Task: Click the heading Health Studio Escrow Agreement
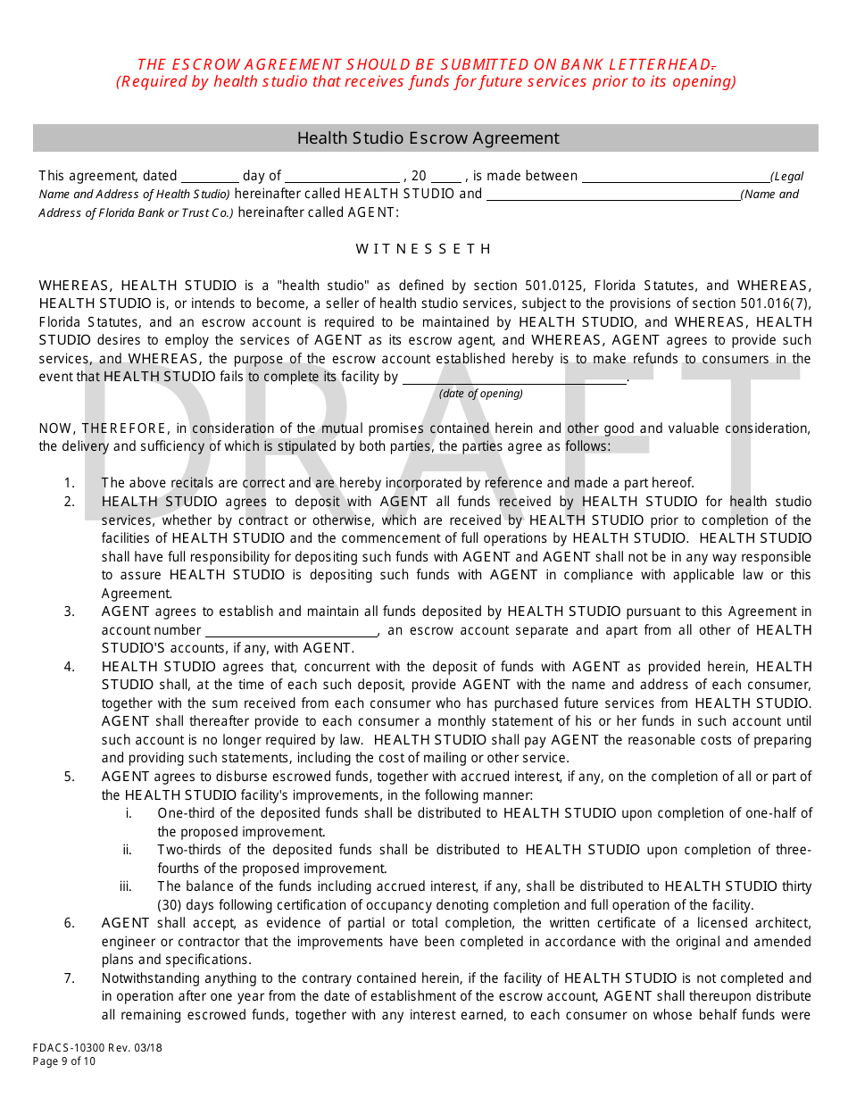click(x=428, y=138)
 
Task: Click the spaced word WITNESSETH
click(x=424, y=249)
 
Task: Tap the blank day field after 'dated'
click(x=210, y=177)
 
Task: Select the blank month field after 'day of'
click(x=342, y=177)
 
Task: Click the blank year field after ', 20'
click(x=445, y=177)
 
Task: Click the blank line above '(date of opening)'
click(x=514, y=378)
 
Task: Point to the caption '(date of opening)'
click(x=481, y=394)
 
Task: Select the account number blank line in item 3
click(x=291, y=631)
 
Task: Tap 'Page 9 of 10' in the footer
click(x=64, y=1061)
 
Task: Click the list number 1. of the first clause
click(x=70, y=483)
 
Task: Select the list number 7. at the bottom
click(x=70, y=978)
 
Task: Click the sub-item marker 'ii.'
click(x=128, y=850)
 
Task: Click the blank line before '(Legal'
click(x=675, y=177)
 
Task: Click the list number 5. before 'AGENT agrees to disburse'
click(x=70, y=777)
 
